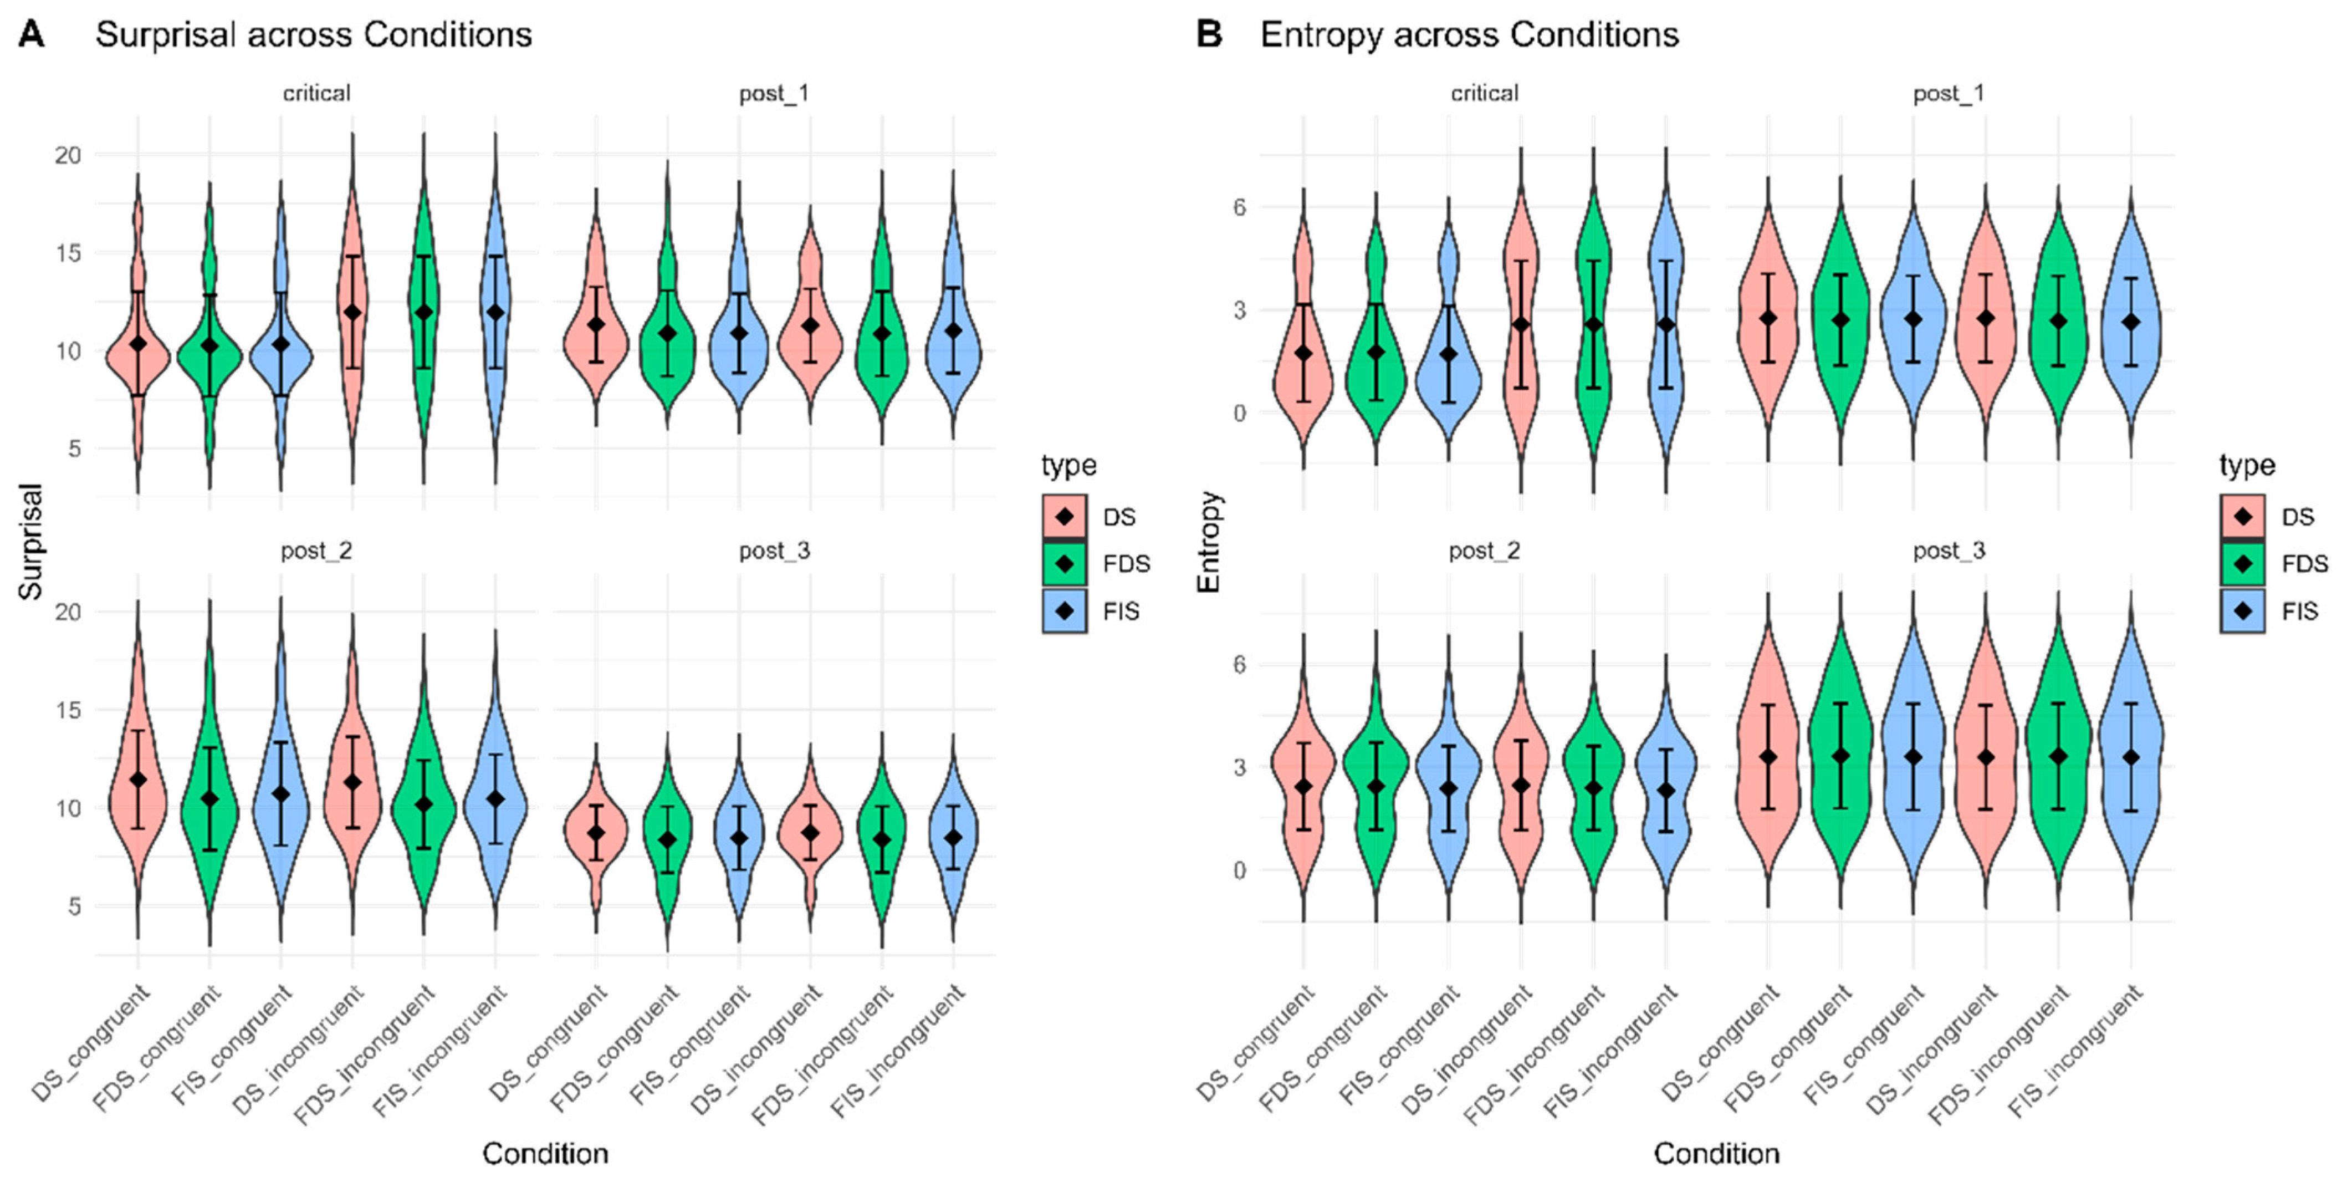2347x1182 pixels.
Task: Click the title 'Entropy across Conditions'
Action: (1469, 34)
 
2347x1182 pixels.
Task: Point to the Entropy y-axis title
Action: (1208, 541)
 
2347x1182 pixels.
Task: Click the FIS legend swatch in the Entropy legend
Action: (2242, 610)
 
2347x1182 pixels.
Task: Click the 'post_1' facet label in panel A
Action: (774, 93)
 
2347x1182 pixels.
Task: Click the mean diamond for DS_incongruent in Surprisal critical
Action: (352, 312)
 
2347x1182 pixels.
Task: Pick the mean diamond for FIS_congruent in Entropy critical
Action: (1448, 354)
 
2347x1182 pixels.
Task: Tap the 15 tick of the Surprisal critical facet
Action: (68, 252)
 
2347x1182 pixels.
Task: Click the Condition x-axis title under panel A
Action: (545, 1154)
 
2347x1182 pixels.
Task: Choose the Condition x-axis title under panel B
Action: (1716, 1154)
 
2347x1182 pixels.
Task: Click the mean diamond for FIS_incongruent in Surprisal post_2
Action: (495, 798)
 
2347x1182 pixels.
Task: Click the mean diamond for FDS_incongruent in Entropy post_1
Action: (2058, 321)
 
